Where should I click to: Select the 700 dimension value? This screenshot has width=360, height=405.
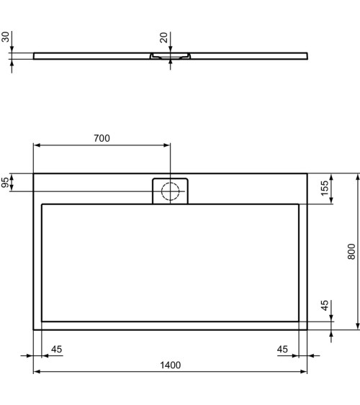tap(102, 138)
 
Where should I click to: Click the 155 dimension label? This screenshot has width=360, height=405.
tap(325, 188)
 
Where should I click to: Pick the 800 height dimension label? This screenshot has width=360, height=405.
tap(351, 250)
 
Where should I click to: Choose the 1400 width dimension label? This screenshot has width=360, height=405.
tap(170, 365)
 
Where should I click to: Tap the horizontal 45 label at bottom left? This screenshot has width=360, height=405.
tap(57, 349)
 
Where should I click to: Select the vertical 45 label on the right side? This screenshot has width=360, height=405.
tap(325, 305)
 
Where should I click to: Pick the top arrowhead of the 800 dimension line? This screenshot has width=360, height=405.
tap(357, 177)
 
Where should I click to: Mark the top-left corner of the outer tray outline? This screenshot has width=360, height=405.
tap(34, 173)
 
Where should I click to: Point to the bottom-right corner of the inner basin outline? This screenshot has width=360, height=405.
tap(299, 320)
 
